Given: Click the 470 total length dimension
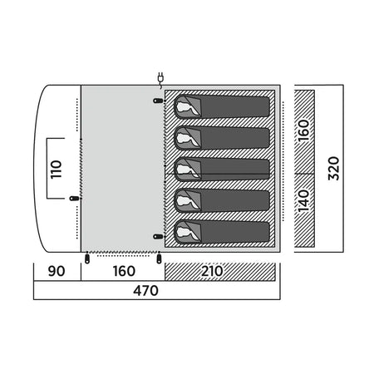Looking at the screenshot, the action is point(145,291).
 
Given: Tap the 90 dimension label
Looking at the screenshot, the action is point(57,271).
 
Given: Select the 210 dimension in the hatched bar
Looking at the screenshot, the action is point(212,271).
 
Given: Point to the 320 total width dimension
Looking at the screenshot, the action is point(333,169).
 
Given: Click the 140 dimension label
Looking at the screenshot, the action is point(304,201).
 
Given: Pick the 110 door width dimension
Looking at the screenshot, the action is point(56,170).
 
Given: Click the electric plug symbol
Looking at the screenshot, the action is point(160,78).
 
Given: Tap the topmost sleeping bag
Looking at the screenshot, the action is point(222,106).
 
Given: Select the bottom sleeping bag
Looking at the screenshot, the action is point(222,232).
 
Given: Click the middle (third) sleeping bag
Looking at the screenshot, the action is point(222,170).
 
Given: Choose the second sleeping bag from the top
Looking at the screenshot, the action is point(222,138).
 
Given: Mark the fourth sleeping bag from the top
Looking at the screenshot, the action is point(222,200).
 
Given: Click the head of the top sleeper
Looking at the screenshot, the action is point(183,107).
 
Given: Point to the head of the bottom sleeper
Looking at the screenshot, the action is point(183,232).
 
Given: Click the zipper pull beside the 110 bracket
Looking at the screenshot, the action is point(74,198).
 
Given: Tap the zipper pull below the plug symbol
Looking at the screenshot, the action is point(158,101).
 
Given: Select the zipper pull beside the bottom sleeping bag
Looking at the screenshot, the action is point(158,237).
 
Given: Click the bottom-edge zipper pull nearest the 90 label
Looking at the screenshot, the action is point(87,258).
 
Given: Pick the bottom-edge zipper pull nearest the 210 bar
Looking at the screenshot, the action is point(159,258).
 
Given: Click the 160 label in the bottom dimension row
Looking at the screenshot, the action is point(124,271).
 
